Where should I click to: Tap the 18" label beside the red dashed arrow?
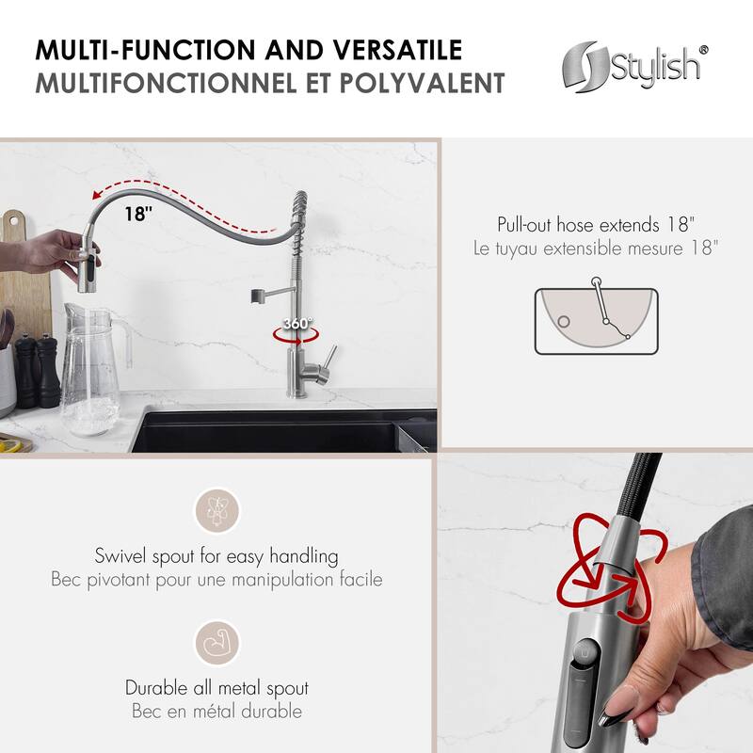click(x=137, y=214)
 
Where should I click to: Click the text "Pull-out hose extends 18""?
click(x=598, y=225)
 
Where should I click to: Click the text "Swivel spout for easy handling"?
click(x=217, y=555)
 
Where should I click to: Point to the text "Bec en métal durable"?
click(x=217, y=712)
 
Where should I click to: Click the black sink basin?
click(x=273, y=434)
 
